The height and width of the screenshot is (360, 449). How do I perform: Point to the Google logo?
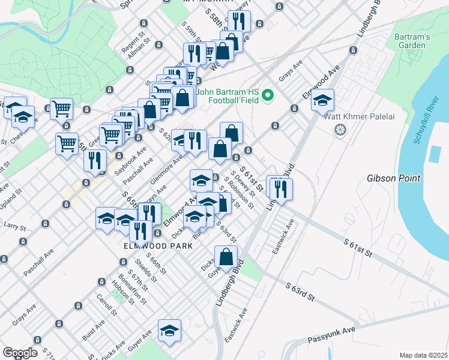point(19,352)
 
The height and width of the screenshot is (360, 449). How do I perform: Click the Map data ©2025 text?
point(423,355)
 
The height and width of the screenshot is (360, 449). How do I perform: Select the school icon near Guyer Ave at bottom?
point(170,330)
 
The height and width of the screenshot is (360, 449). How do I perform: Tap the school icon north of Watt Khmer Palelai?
point(322,100)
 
